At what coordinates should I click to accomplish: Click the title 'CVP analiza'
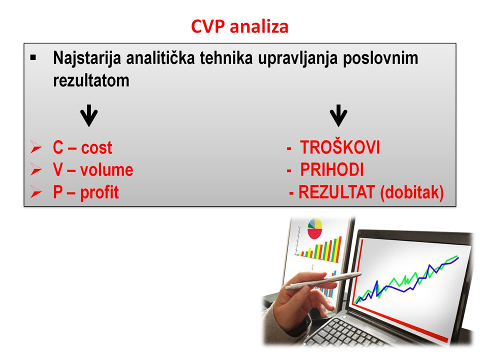point(239,26)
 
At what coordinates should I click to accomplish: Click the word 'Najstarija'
point(87,58)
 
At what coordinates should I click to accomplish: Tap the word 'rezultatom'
point(91,80)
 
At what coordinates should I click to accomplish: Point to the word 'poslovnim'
point(380,58)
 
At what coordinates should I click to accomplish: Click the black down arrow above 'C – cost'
point(89,115)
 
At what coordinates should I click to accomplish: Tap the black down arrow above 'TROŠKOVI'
point(338,115)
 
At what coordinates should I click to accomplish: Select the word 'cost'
point(96,148)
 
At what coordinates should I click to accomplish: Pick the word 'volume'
point(107,170)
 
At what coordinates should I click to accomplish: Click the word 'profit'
point(99,193)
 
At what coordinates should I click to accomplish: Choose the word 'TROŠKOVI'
point(340,147)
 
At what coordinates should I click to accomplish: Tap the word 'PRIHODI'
point(332,170)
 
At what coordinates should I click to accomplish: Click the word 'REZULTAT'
point(336,192)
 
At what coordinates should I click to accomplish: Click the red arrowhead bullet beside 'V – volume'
point(36,169)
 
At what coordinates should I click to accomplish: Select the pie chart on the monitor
point(314,228)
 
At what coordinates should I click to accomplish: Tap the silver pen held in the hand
point(323,281)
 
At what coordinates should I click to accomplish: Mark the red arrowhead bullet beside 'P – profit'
point(36,192)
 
